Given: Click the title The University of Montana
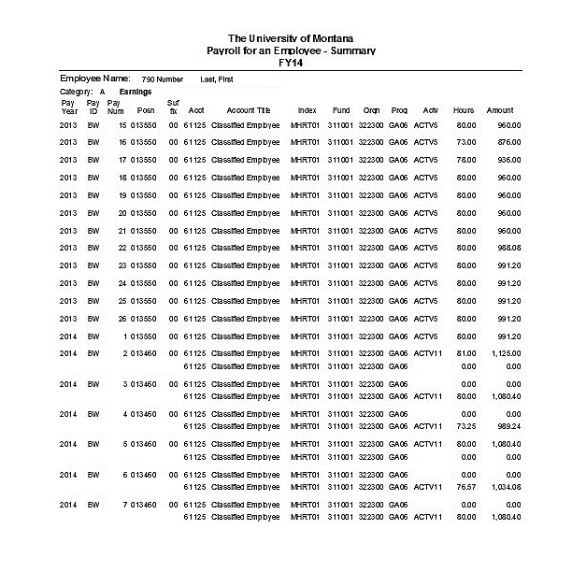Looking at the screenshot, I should [285, 37].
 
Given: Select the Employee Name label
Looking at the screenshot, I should [94, 79].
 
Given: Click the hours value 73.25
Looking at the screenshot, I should [465, 423].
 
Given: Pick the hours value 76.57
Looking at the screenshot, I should [465, 486].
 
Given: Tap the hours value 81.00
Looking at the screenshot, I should [465, 353].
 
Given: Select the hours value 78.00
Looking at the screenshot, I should [465, 160].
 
